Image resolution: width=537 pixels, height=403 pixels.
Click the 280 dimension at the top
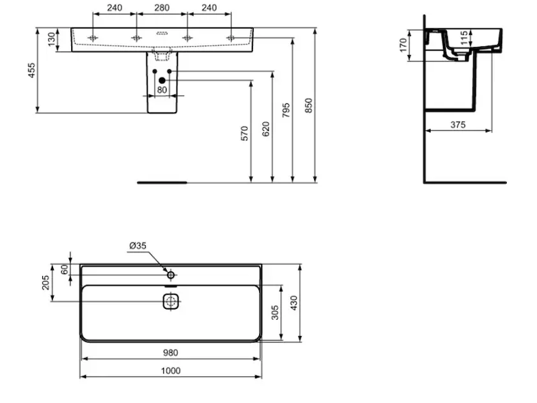click(162, 7)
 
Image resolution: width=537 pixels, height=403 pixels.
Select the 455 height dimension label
click(31, 71)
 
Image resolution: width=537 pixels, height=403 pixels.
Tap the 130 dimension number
click(52, 40)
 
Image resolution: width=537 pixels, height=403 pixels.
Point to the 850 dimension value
click(309, 105)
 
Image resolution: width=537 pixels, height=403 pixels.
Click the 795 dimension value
click(286, 110)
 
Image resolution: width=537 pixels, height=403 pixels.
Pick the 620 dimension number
click(266, 129)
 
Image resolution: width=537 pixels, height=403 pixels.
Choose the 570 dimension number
click(244, 133)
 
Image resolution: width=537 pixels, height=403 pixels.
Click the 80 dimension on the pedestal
click(162, 90)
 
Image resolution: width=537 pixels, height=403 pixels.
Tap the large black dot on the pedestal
click(162, 81)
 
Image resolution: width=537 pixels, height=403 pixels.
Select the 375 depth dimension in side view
click(458, 125)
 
